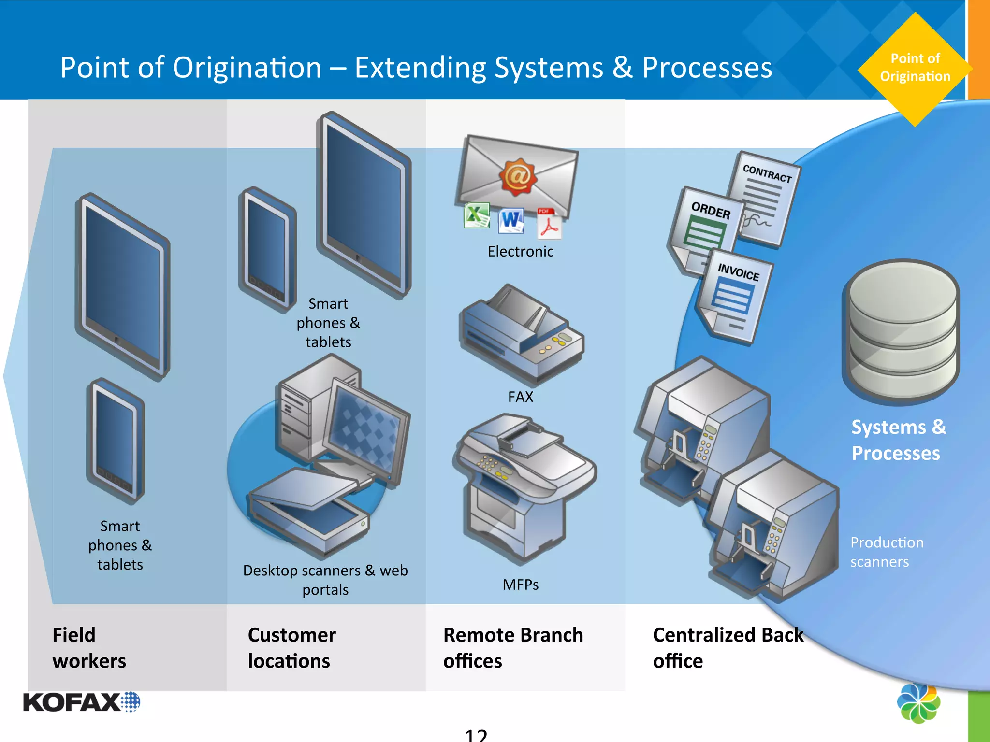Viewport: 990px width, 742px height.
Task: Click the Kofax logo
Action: click(x=81, y=702)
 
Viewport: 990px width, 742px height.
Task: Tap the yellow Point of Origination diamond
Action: click(x=915, y=69)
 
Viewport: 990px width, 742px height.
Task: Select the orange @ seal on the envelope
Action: click(x=518, y=177)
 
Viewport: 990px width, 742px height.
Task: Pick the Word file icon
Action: click(x=511, y=221)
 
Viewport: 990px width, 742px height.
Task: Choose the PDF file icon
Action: click(x=549, y=224)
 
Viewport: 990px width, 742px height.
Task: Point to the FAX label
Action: click(x=520, y=397)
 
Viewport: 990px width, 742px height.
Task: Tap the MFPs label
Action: click(x=520, y=585)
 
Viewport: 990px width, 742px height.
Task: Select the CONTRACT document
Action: click(x=764, y=198)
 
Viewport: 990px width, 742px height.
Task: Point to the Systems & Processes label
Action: click(x=898, y=440)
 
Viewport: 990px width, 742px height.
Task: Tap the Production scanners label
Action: click(x=887, y=552)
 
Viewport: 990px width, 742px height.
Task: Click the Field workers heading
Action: click(x=89, y=648)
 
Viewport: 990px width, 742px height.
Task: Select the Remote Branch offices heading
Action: click(x=513, y=648)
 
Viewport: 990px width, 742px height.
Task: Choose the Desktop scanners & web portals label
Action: click(x=325, y=580)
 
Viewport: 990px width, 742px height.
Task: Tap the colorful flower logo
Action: click(x=918, y=703)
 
